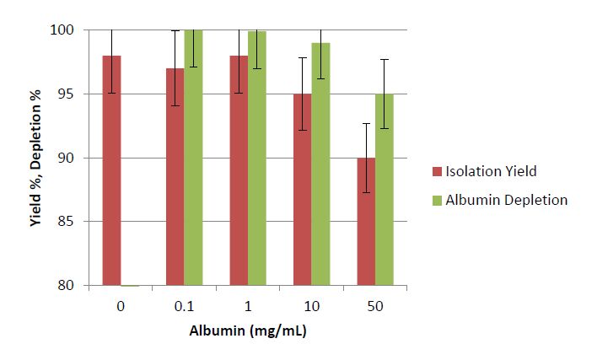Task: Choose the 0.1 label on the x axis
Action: coord(185,306)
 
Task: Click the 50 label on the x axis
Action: coord(376,306)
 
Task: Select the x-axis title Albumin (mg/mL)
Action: coord(248,331)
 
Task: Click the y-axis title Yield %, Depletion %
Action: coord(35,159)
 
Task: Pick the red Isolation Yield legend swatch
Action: coord(436,172)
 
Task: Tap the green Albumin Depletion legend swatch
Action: coord(436,201)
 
